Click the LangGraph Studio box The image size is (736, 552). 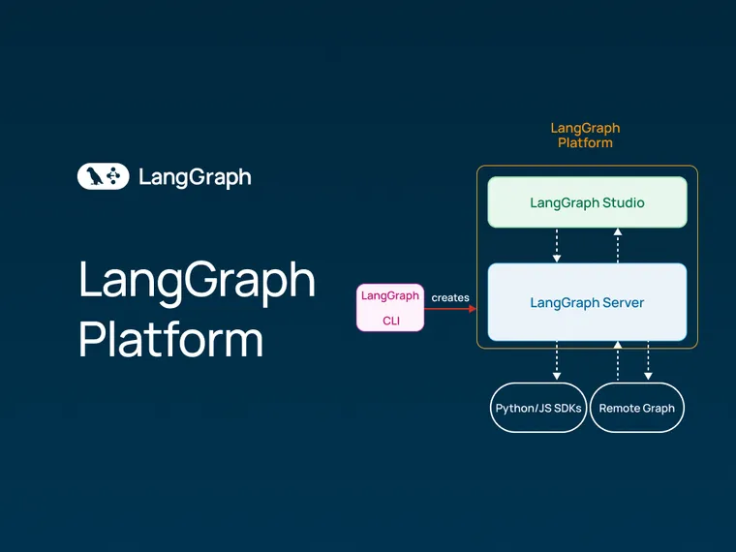[x=587, y=202]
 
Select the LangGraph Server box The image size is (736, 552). [x=587, y=302]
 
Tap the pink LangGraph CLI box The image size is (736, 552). [x=390, y=307]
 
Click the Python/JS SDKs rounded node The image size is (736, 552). [x=538, y=408]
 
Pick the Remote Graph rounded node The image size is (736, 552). [x=636, y=408]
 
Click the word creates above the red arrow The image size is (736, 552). [x=450, y=297]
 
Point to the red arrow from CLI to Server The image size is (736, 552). [x=451, y=309]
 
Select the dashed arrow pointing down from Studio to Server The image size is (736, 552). [x=556, y=245]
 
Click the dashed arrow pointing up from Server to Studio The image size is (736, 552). [x=618, y=245]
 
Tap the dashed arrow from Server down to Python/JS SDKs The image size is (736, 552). [x=556, y=360]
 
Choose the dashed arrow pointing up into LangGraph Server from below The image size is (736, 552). [x=618, y=360]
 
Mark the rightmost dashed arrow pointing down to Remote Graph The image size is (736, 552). [x=648, y=360]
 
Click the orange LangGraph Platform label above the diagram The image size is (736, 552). [x=585, y=135]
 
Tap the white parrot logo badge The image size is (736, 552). [x=103, y=176]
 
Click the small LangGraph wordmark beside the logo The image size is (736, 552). [x=195, y=177]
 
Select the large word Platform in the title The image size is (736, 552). [x=170, y=339]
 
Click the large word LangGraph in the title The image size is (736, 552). [x=197, y=281]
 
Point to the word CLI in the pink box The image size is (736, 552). [x=390, y=320]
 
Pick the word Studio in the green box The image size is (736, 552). [x=624, y=202]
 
